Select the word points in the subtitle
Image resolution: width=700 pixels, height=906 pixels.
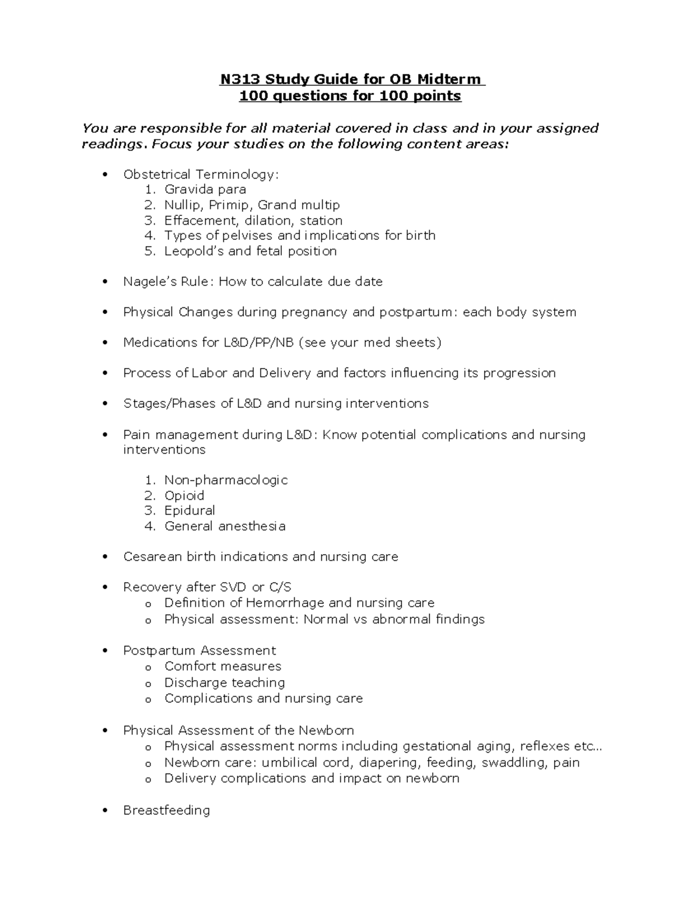437,96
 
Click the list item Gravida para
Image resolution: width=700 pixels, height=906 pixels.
205,190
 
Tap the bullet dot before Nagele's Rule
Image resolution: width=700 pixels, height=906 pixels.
106,282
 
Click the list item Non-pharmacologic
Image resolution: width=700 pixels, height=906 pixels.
226,480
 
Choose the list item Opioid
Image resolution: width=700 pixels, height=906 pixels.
184,495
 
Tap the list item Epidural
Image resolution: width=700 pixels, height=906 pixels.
190,510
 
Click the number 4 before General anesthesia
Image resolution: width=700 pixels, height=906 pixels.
150,526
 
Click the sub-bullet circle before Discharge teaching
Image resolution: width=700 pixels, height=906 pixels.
148,683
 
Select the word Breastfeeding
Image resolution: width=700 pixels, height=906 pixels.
166,810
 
